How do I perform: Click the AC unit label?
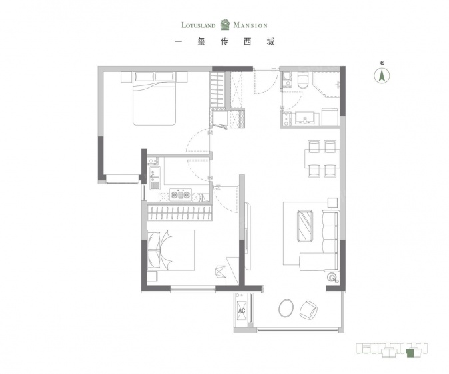[x=242, y=311]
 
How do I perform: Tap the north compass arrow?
[x=382, y=76]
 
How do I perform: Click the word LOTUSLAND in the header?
[x=198, y=25]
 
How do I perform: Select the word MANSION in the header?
[x=250, y=25]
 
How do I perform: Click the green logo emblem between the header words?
[x=224, y=25]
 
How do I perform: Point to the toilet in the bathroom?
[x=302, y=80]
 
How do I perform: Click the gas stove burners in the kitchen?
[x=180, y=195]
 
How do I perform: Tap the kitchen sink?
[x=155, y=178]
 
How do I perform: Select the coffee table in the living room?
[x=305, y=226]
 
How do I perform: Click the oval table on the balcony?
[x=286, y=308]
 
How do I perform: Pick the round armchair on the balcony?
[x=308, y=309]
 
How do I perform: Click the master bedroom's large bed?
[x=154, y=98]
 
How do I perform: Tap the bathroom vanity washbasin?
[x=305, y=118]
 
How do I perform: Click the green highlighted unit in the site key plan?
[x=410, y=353]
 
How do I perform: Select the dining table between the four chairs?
[x=322, y=158]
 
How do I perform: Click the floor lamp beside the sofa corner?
[x=332, y=277]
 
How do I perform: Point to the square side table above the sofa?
[x=332, y=202]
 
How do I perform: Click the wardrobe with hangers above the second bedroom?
[x=180, y=212]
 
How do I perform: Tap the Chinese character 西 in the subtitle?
[x=247, y=42]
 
